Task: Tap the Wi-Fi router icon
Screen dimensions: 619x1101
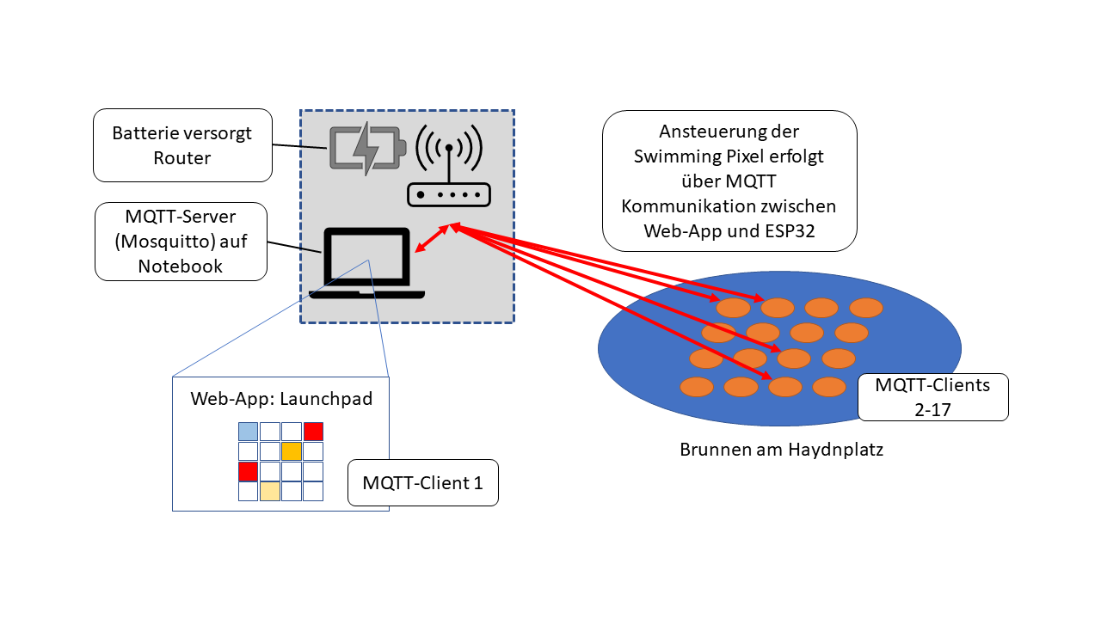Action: [447, 168]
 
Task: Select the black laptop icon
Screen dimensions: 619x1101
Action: [367, 263]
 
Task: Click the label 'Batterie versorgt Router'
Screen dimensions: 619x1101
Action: [182, 145]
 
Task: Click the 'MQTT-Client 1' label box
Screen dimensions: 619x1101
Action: [422, 482]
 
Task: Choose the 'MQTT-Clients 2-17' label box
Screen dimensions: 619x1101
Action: [932, 396]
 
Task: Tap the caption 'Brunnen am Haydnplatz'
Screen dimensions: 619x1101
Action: [781, 450]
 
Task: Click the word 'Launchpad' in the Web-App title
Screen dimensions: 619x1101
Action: [333, 399]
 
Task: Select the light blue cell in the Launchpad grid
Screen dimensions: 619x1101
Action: [248, 432]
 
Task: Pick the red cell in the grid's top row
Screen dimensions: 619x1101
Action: [313, 432]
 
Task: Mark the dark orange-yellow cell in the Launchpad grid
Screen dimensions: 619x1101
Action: [292, 451]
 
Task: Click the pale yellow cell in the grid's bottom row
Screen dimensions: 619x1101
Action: [270, 491]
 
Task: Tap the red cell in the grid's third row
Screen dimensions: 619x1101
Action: [248, 471]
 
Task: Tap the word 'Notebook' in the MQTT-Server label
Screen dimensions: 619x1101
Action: [181, 266]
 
